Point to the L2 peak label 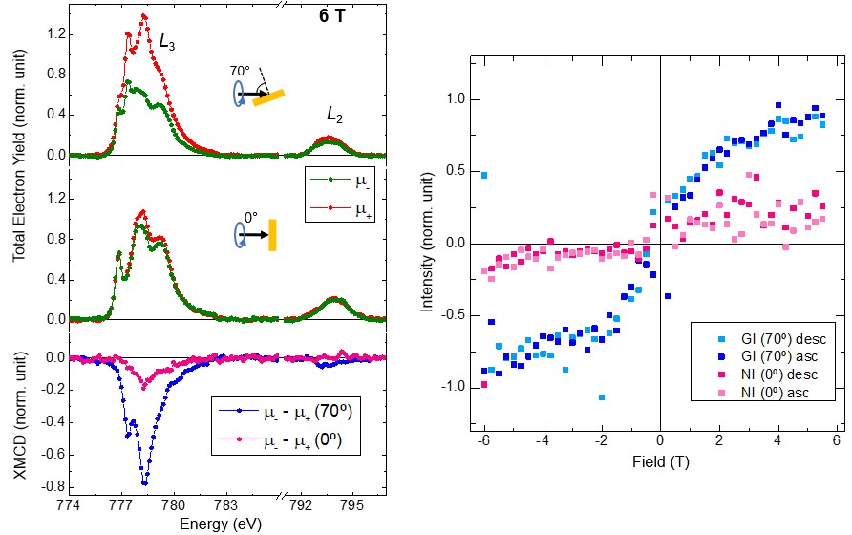click(334, 114)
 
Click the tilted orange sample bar click(269, 96)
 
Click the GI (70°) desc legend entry click(774, 338)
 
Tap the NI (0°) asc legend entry click(774, 392)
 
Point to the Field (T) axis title click(659, 462)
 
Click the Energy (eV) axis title click(219, 524)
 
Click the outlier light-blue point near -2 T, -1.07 click(602, 396)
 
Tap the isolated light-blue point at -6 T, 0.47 click(484, 176)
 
